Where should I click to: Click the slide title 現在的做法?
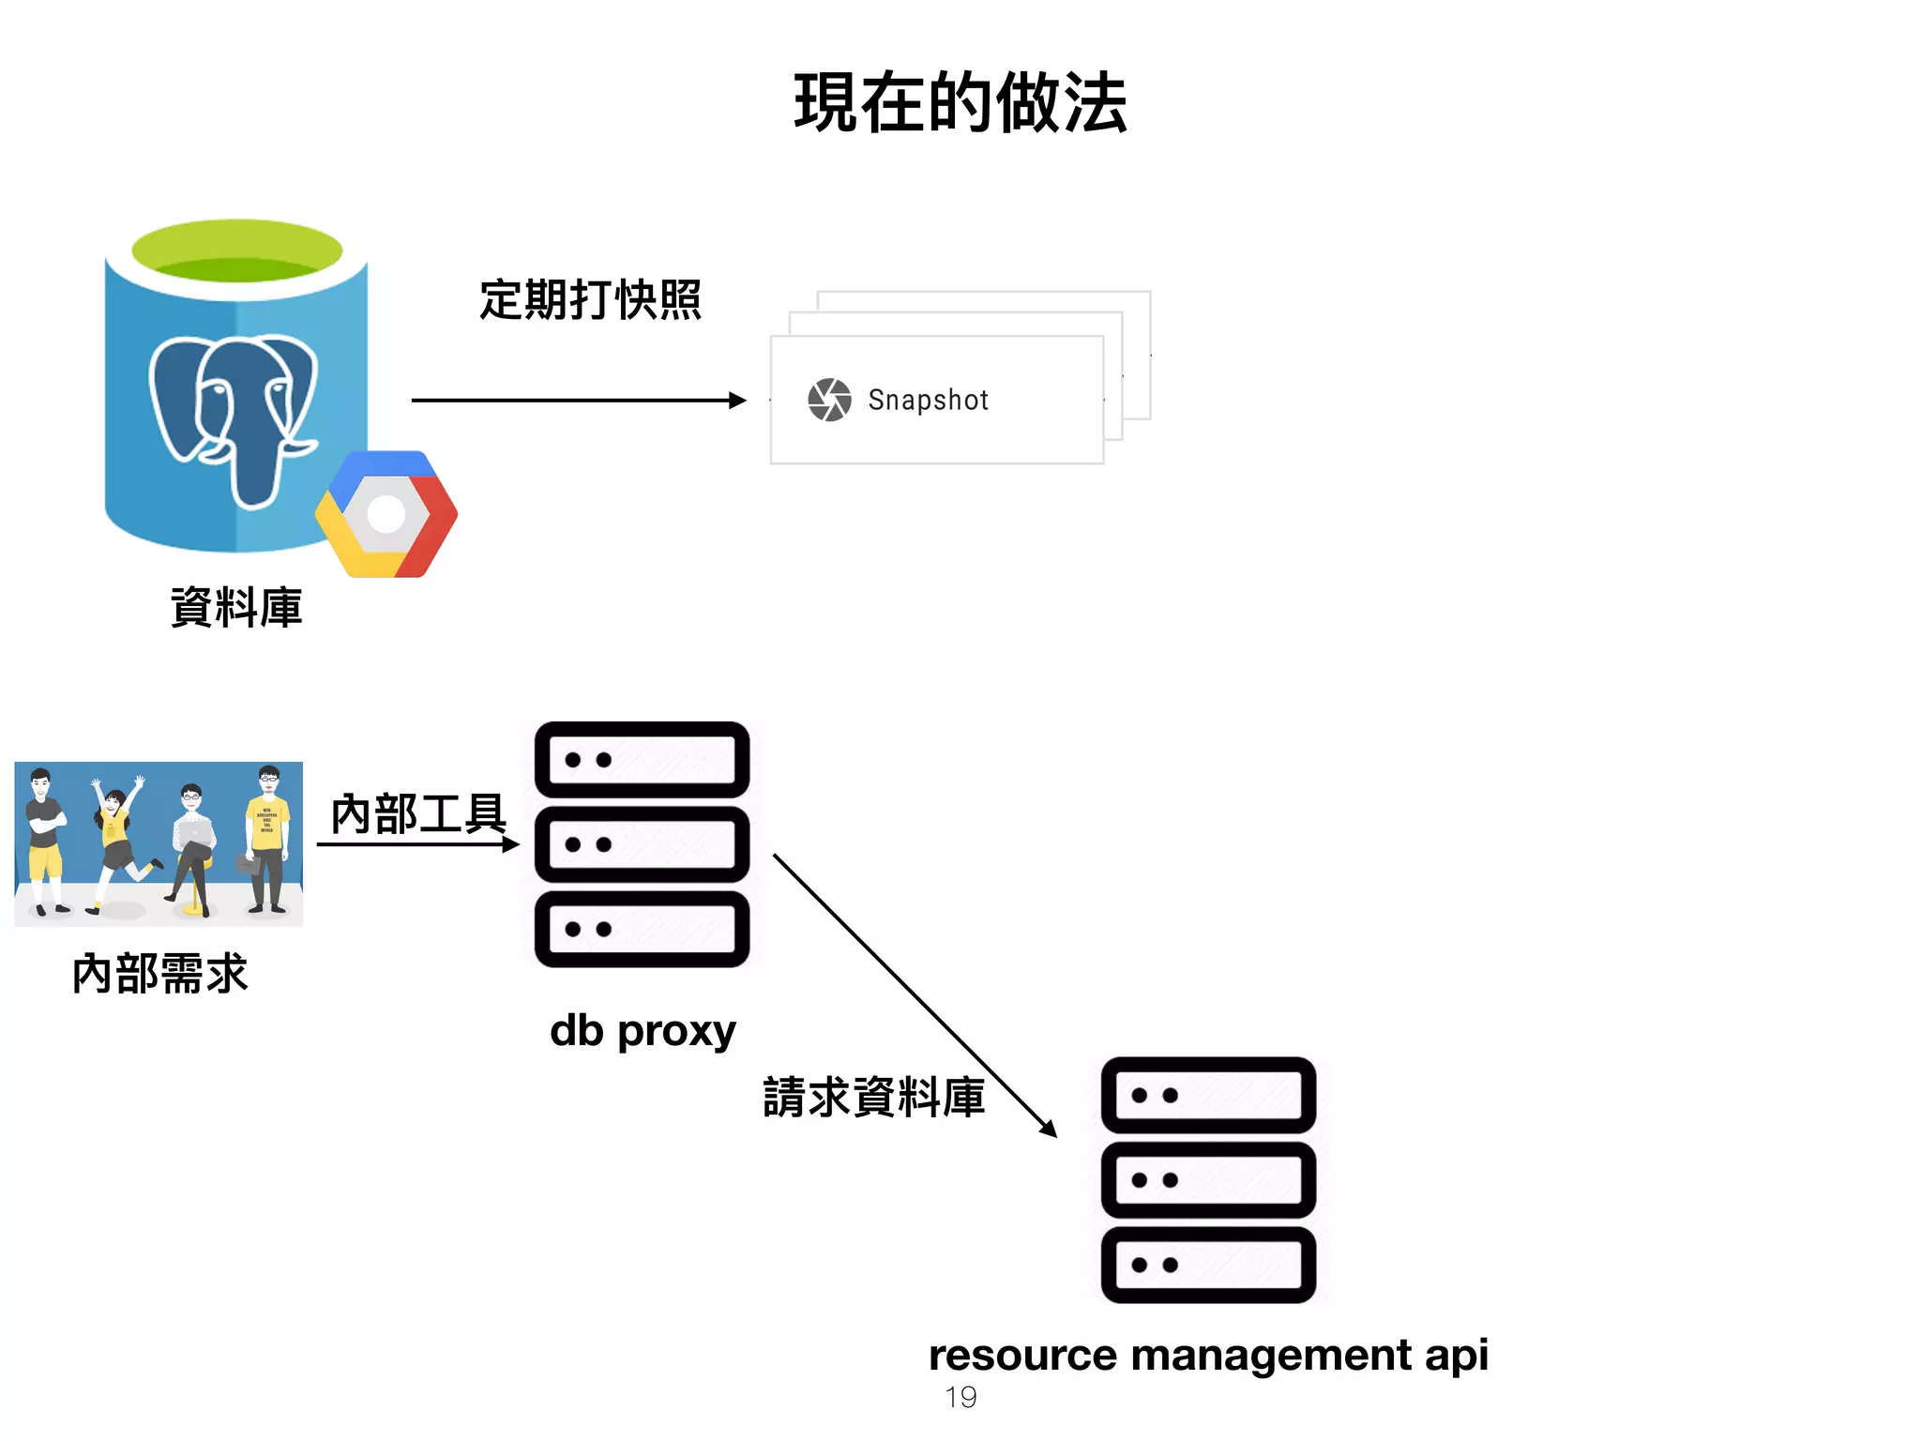tap(960, 102)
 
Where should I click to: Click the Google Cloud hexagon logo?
tap(386, 514)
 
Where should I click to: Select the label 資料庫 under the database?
tap(236, 607)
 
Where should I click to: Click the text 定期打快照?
tap(590, 300)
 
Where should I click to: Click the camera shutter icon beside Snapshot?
tap(829, 401)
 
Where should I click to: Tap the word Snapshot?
tap(928, 401)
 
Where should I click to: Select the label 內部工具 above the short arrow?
tap(418, 812)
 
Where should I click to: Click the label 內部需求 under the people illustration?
tap(159, 973)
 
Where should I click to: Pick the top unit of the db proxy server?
tap(642, 759)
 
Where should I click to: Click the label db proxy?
tap(643, 1031)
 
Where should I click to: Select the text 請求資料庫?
tap(873, 1097)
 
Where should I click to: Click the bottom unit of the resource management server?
tap(1208, 1265)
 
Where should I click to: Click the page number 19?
tap(960, 1397)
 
